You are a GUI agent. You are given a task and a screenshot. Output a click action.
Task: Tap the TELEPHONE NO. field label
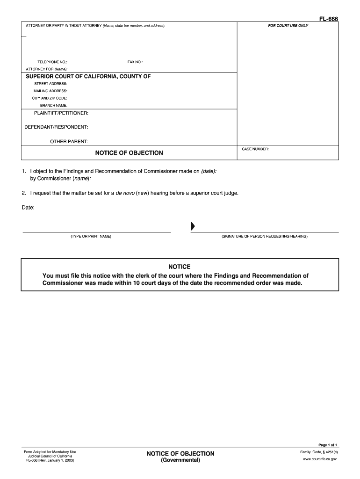point(52,62)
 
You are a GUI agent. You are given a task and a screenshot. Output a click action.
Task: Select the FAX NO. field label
point(135,62)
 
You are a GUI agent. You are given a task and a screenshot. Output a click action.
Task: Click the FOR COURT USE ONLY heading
point(288,25)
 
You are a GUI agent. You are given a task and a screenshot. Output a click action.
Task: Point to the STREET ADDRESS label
point(50,83)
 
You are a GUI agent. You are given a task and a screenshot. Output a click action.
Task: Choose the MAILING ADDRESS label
point(50,91)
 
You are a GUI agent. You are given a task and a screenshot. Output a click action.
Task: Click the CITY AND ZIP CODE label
point(50,98)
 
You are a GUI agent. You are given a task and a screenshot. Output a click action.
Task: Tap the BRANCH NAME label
point(53,106)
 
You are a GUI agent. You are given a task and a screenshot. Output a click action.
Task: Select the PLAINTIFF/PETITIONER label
point(61,113)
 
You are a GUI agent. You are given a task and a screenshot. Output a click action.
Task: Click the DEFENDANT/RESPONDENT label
point(56,127)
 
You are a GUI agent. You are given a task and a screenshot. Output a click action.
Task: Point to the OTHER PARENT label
point(69,141)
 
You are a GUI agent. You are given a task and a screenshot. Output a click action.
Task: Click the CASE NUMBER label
point(255,149)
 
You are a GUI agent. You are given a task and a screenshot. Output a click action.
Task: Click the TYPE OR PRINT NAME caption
point(91,236)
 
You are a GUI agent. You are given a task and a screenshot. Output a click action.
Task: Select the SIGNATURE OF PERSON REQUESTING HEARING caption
point(265,236)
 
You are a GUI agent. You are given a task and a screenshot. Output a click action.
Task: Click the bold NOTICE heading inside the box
point(180,267)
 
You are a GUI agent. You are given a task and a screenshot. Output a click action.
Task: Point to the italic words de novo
point(125,193)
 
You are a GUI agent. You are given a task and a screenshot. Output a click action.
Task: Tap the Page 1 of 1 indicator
point(327,445)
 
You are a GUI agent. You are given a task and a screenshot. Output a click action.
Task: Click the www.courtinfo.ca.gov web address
point(320,459)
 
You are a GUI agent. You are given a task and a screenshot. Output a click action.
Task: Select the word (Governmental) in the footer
point(180,460)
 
